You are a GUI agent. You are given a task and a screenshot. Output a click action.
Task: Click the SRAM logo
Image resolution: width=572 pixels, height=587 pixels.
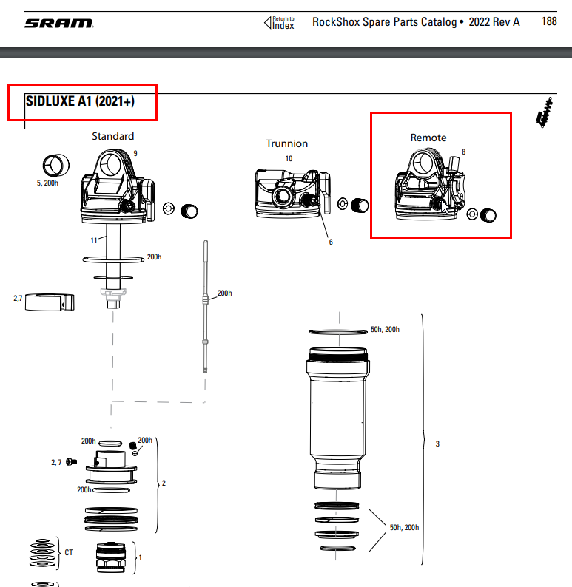pos(58,23)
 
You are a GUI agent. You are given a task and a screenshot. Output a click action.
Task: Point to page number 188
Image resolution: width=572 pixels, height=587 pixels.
pos(549,22)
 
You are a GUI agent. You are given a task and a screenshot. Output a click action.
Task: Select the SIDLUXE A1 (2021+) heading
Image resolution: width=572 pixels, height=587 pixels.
pos(80,101)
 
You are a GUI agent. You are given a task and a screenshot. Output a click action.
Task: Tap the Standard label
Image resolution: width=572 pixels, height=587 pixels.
pos(113,136)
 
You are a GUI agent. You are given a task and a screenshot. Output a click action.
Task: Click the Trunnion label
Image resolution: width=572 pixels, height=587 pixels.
pos(287,143)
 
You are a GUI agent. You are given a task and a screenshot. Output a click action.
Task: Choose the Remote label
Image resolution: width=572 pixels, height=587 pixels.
pos(428,138)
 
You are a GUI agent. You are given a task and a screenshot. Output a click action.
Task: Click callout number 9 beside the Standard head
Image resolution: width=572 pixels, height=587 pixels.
pos(135,153)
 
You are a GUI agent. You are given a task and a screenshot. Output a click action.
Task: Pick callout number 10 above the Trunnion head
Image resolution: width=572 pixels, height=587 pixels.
pos(289,159)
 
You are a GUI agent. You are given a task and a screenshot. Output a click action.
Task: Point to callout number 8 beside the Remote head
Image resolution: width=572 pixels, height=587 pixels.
pos(463,152)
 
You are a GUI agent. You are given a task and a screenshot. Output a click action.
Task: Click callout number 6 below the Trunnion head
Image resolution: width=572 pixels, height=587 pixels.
pos(331,242)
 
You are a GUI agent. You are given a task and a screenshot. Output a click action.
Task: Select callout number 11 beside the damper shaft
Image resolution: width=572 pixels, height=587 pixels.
pos(94,241)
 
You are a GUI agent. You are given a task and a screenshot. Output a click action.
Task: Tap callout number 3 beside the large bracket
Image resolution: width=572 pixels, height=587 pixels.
pos(437,444)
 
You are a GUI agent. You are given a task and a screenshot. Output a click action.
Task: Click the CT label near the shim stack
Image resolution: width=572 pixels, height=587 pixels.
pos(69,552)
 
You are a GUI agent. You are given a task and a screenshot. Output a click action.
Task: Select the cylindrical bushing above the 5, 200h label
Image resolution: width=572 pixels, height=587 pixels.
pos(55,163)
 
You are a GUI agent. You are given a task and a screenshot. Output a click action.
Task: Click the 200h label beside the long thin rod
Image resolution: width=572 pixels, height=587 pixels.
pos(223,293)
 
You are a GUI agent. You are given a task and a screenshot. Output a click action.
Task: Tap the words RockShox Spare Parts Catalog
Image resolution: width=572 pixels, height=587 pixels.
pos(384,22)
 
